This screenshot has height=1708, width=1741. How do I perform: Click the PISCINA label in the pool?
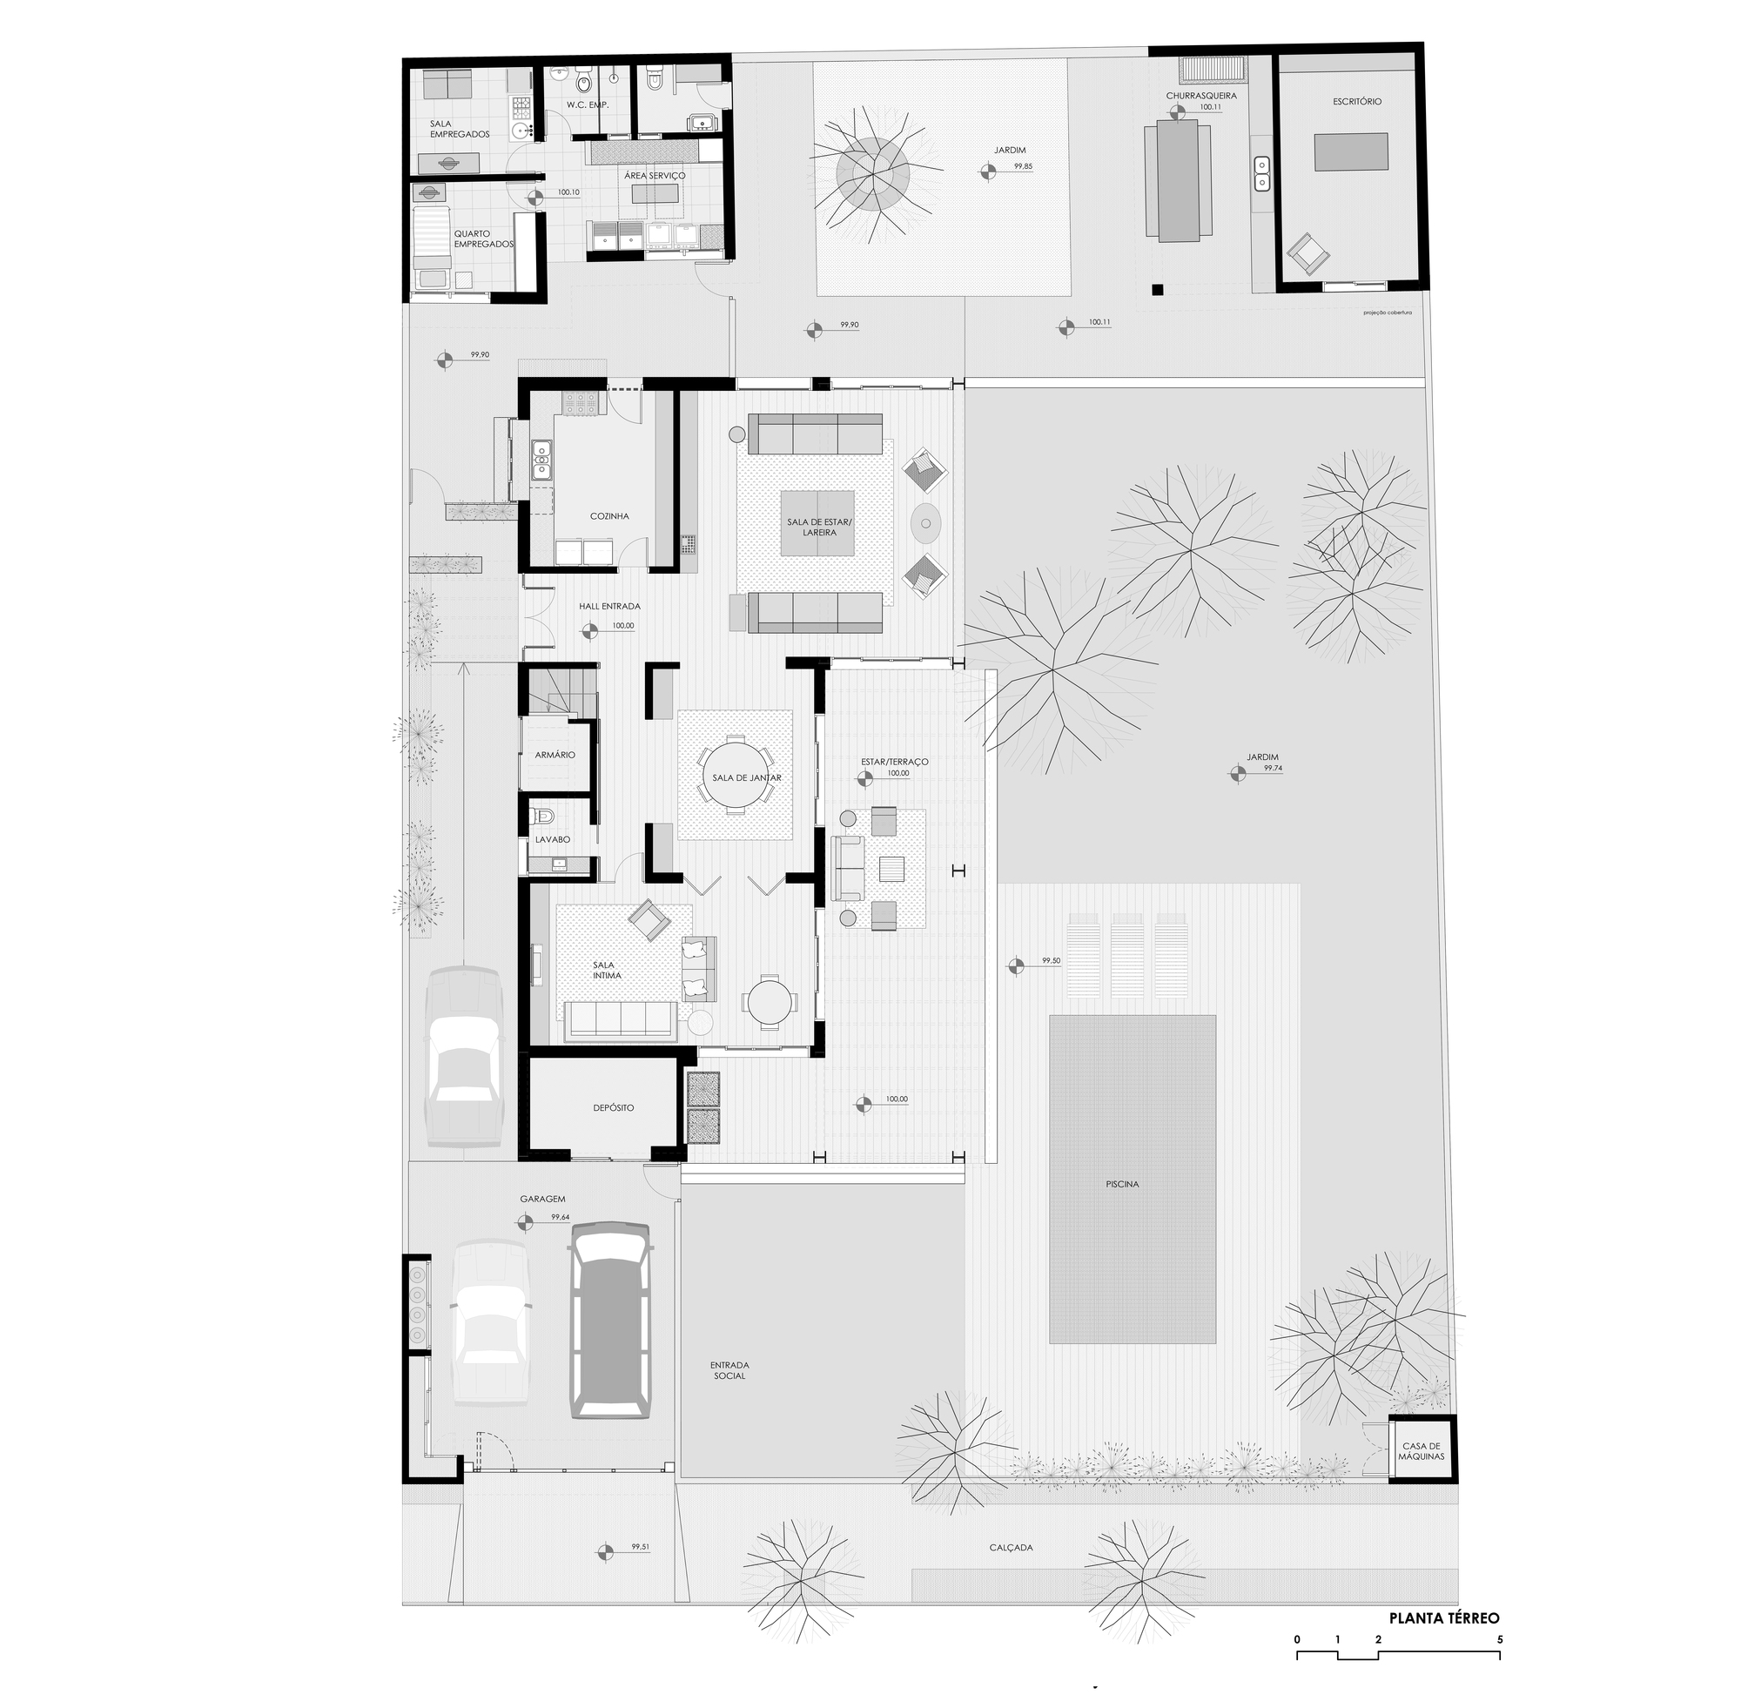1122,1184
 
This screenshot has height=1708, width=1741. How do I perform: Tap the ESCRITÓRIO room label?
1356,101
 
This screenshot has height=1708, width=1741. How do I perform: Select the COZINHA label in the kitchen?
609,516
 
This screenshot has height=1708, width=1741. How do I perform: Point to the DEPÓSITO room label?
613,1108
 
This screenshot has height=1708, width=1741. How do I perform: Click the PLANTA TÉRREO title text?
1443,1618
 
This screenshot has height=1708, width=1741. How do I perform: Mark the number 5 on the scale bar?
1500,1640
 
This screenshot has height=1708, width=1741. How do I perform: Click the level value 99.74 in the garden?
1272,769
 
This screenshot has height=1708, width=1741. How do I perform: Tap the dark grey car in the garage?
610,1321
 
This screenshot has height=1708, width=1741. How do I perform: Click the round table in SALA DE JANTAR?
735,777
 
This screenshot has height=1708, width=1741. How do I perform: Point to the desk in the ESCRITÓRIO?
1351,151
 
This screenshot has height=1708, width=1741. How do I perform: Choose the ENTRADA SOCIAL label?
729,1370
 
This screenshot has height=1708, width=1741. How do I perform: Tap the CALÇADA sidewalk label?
1011,1548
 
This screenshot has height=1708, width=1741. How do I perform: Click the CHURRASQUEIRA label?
1201,95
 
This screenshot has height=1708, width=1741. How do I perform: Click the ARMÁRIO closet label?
555,756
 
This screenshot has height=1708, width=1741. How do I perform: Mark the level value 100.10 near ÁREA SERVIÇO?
568,192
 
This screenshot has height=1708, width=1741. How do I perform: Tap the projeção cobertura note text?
1387,313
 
